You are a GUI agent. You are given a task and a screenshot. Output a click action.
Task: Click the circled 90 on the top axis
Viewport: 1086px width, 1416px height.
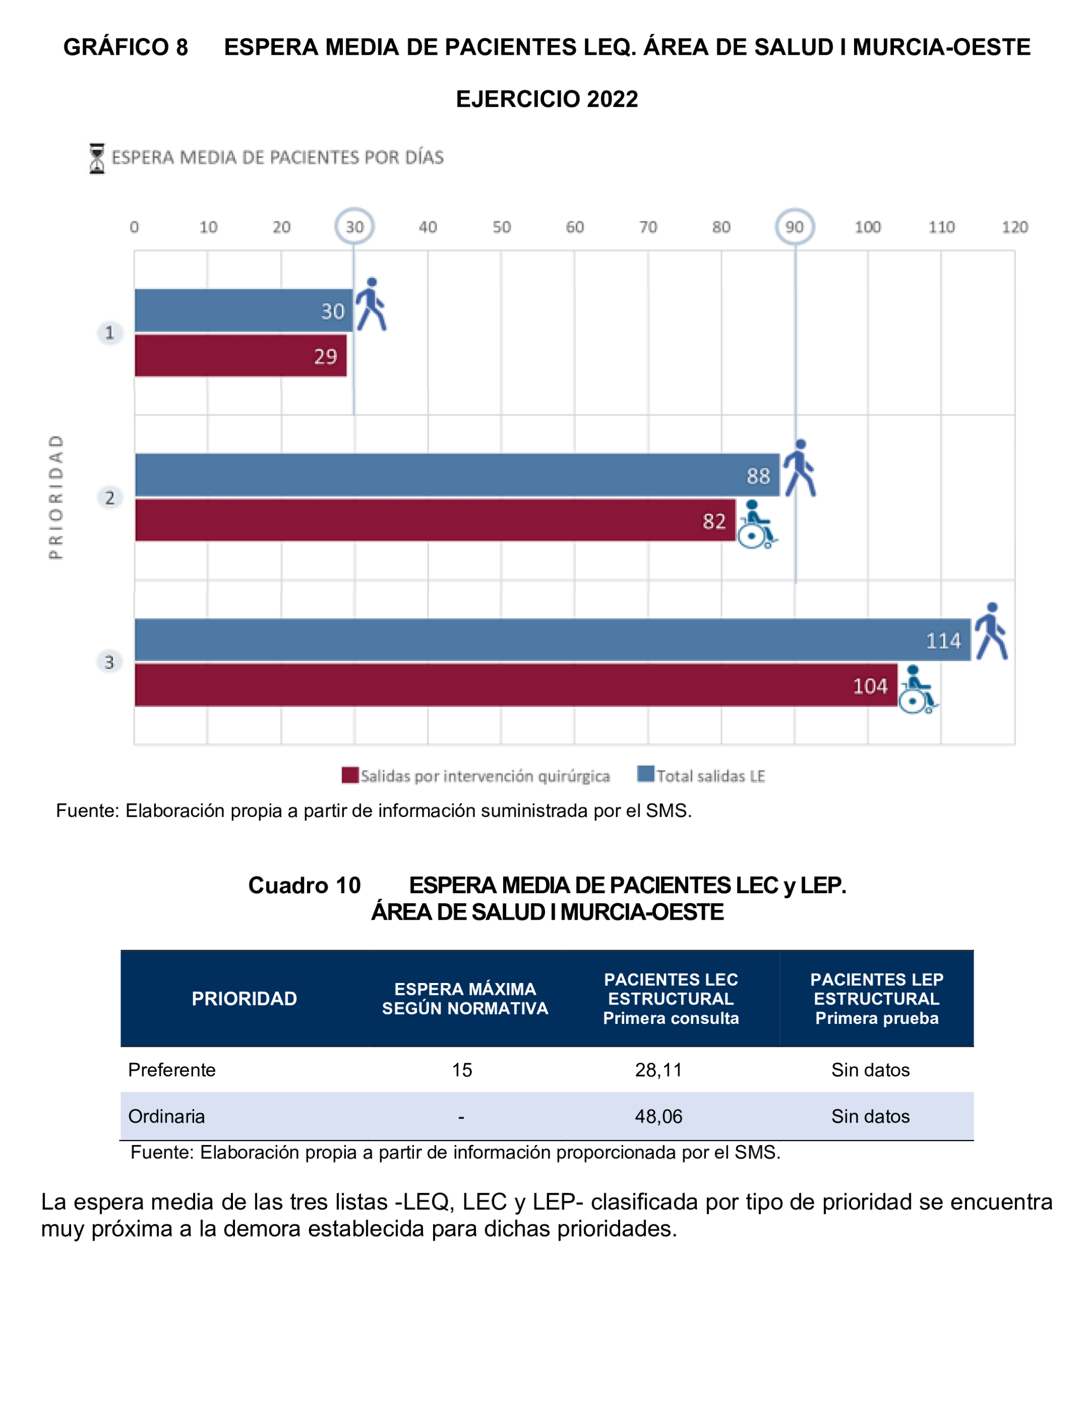pyautogui.click(x=794, y=226)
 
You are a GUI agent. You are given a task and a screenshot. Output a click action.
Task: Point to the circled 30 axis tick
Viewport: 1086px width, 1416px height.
pyautogui.click(x=354, y=226)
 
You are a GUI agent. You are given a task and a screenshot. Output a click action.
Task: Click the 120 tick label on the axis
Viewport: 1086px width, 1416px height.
pyautogui.click(x=1014, y=227)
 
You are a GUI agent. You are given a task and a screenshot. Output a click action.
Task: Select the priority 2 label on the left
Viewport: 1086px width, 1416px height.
pyautogui.click(x=110, y=497)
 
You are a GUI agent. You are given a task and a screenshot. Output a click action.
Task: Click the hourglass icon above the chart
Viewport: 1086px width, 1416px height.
pyautogui.click(x=97, y=158)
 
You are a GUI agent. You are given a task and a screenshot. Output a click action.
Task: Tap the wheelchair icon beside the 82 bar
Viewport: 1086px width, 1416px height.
pyautogui.click(x=757, y=524)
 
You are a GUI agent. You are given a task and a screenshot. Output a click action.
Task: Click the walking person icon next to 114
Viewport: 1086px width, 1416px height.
pyautogui.click(x=991, y=631)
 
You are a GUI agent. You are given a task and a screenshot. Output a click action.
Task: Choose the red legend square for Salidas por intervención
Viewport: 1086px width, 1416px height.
pyautogui.click(x=350, y=775)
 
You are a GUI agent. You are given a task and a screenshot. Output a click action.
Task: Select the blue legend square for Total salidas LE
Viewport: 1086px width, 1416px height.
pyautogui.click(x=645, y=774)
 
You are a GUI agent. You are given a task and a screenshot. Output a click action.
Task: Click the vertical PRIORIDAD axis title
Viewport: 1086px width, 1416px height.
pyautogui.click(x=56, y=497)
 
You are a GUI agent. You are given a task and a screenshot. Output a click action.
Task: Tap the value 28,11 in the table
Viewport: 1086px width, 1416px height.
pyautogui.click(x=658, y=1070)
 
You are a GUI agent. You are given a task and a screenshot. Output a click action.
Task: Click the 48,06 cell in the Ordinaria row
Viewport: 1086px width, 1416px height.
pyautogui.click(x=658, y=1116)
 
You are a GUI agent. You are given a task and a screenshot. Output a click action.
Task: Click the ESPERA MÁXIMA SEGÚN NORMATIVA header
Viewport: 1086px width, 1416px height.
pyautogui.click(x=465, y=999)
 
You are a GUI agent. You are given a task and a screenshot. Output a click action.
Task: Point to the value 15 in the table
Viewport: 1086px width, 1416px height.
pyautogui.click(x=462, y=1070)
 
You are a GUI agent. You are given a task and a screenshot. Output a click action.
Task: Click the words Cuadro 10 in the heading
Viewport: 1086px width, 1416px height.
pyautogui.click(x=304, y=885)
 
